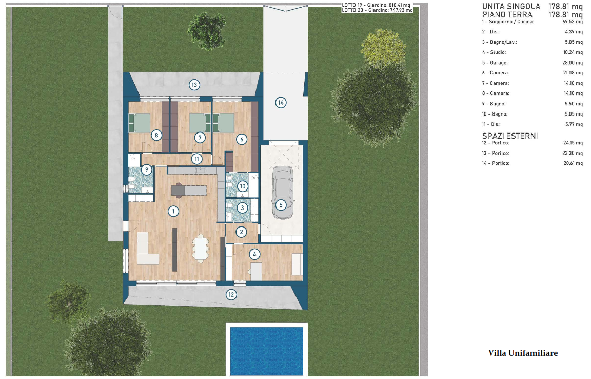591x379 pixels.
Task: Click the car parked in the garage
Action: tap(283, 193)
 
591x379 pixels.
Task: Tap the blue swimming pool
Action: tap(266, 351)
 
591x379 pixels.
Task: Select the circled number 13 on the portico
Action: tap(194, 85)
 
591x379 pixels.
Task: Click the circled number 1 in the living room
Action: tap(173, 211)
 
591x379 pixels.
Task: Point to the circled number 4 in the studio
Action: tap(255, 254)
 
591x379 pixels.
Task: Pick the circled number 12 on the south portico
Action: tap(231, 294)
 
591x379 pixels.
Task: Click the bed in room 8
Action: tap(140, 123)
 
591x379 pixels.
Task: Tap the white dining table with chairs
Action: tap(201, 249)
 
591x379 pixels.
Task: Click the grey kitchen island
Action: tap(189, 190)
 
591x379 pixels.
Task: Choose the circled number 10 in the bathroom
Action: tap(242, 186)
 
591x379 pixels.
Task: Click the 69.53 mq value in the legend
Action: tap(572, 22)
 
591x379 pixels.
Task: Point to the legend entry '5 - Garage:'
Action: tap(495, 63)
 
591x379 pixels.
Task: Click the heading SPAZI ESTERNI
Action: tap(509, 136)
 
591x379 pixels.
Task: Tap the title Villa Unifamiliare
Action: tap(523, 353)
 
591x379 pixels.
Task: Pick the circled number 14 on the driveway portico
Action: tap(281, 102)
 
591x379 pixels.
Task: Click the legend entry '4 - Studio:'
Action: tap(494, 52)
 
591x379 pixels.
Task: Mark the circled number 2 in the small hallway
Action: tap(241, 232)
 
